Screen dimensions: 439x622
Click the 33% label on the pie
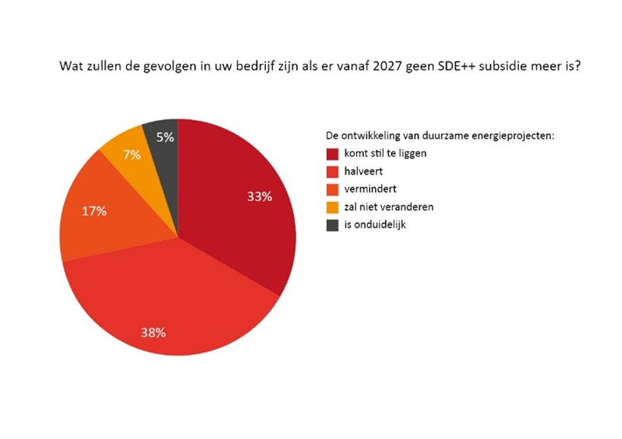259,197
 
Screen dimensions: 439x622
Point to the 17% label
94,211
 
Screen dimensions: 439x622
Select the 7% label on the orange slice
131,155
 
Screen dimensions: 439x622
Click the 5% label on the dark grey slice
164,138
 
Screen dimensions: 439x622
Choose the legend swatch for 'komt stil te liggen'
332,153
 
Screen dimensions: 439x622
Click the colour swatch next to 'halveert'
332,171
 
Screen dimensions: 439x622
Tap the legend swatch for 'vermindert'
332,189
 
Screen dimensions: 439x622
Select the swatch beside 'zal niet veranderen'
332,206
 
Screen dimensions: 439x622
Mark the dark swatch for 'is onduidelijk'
332,225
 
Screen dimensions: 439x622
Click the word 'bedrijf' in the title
250,67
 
